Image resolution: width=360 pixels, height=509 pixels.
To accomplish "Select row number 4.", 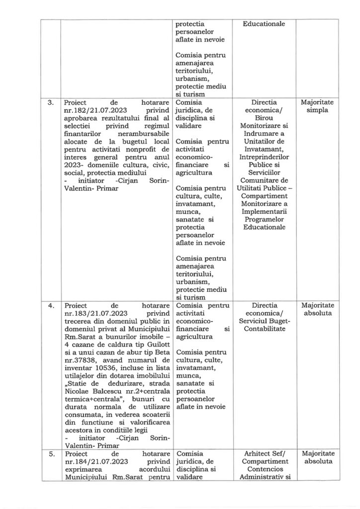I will click(x=50, y=305).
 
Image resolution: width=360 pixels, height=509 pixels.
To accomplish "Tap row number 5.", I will click(x=50, y=454).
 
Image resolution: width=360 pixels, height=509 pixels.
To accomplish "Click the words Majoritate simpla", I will click(x=318, y=107).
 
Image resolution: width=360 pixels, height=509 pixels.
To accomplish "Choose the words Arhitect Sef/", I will click(x=264, y=454).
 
